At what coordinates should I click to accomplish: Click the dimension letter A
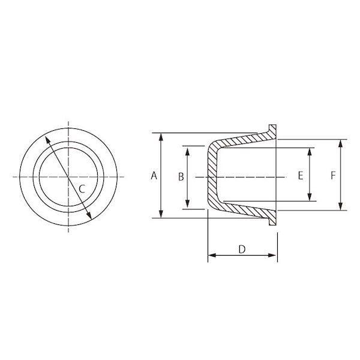click(x=154, y=176)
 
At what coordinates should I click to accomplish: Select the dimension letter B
click(x=181, y=177)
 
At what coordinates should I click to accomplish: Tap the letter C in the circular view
click(x=82, y=189)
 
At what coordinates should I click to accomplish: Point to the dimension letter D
click(x=242, y=249)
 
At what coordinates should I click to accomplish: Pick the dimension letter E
click(x=301, y=176)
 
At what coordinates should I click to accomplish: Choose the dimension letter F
click(x=333, y=176)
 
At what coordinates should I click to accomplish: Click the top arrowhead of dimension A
click(x=161, y=136)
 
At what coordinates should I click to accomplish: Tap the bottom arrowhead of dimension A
click(x=161, y=214)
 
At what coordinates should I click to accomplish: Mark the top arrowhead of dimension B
click(x=188, y=152)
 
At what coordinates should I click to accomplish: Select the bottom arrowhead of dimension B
click(x=188, y=203)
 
